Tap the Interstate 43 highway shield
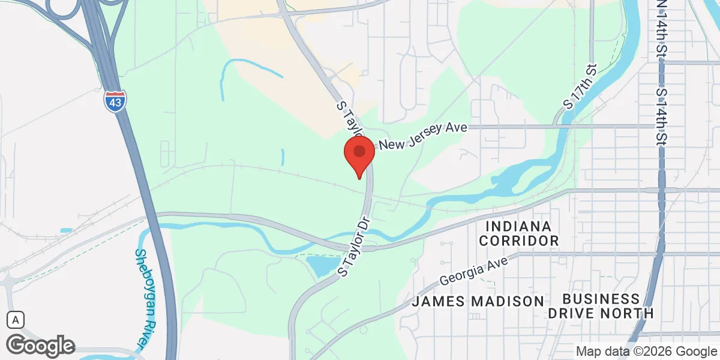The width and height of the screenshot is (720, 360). pyautogui.click(x=114, y=101)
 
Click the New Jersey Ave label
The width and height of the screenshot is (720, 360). pyautogui.click(x=422, y=136)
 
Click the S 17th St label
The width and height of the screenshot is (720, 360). pyautogui.click(x=580, y=87)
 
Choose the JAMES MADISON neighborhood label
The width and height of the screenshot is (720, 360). pyautogui.click(x=478, y=301)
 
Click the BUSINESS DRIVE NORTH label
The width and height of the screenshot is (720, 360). pyautogui.click(x=601, y=306)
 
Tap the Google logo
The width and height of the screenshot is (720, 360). pyautogui.click(x=40, y=346)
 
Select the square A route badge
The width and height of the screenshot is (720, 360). pyautogui.click(x=16, y=320)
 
